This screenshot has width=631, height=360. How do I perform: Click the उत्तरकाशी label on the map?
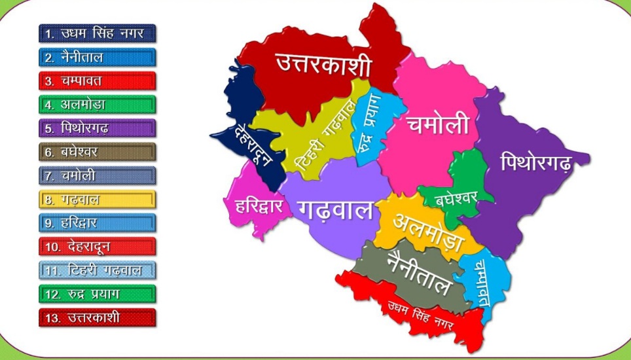(323, 65)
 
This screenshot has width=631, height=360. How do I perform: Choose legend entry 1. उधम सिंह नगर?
(98, 33)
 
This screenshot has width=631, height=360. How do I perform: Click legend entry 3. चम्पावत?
(98, 81)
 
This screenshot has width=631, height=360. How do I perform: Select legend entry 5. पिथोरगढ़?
(98, 128)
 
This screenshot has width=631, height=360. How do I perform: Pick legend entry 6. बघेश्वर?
(98, 152)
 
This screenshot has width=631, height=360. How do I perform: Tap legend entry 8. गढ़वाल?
(98, 200)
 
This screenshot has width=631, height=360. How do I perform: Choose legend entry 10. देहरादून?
(98, 247)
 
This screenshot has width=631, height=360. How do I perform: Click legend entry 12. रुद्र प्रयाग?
(98, 294)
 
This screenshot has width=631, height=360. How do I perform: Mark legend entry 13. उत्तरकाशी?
(98, 317)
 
